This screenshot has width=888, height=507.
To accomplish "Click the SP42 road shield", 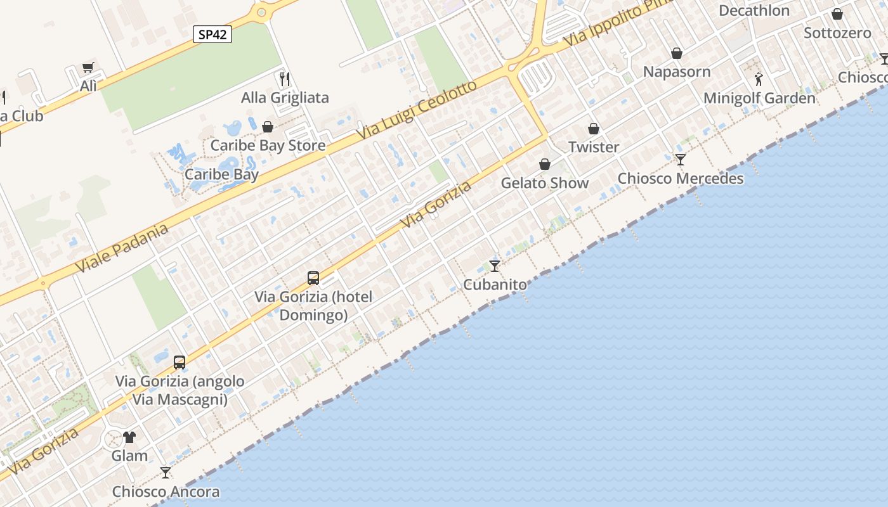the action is (212, 34).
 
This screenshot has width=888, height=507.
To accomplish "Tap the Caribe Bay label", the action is (221, 175).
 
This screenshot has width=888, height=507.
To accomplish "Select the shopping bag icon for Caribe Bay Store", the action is (268, 127).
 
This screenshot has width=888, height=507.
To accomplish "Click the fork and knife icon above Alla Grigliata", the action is (285, 79).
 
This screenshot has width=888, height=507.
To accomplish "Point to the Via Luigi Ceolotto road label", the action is (416, 111).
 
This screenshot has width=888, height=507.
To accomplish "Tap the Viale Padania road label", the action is (122, 248).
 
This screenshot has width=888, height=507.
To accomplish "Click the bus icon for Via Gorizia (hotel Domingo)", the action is (313, 278).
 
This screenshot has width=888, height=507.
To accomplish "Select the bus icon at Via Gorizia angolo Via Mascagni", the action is (180, 363).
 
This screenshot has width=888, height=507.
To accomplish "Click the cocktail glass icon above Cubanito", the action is (495, 266).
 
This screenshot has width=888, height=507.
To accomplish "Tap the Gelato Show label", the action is (545, 183).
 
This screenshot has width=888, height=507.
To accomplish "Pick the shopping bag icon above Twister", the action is (594, 129).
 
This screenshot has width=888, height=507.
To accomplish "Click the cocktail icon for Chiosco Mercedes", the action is (681, 159).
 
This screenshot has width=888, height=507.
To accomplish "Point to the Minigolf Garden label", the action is (759, 98).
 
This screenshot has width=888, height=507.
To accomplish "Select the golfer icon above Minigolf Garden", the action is (759, 80).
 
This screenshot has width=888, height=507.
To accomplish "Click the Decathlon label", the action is (754, 11).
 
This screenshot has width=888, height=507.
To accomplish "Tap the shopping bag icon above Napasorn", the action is (677, 53).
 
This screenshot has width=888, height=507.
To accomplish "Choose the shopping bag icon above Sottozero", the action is (837, 14).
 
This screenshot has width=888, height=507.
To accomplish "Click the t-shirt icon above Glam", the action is (129, 437).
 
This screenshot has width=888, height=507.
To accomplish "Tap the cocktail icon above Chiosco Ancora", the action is (166, 472).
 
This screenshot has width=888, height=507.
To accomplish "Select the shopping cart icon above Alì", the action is (88, 68).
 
